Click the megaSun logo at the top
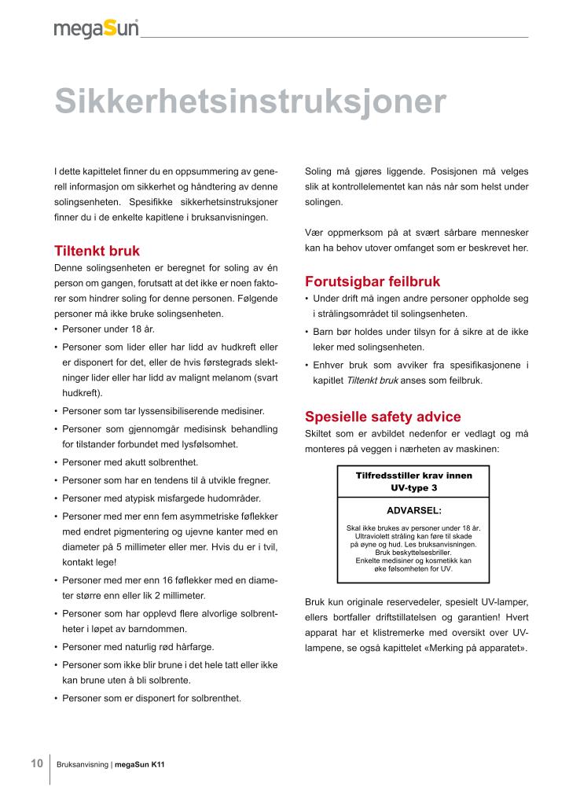point(96,29)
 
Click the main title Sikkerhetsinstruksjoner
point(250,102)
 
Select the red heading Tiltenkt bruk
point(97,252)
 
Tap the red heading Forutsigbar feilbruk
point(373,281)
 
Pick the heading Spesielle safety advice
point(383,417)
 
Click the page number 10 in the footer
point(37,763)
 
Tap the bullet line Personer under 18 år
point(103,329)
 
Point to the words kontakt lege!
point(90,563)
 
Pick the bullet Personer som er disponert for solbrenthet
point(152,697)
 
